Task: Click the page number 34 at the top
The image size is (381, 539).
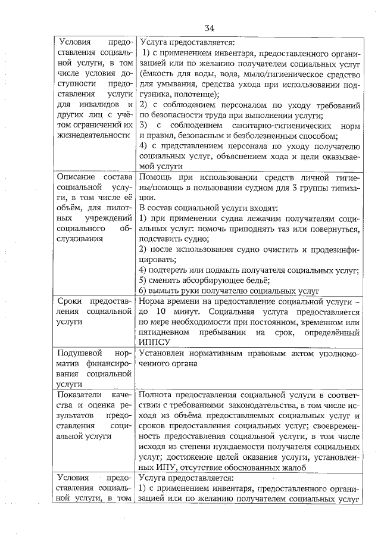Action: (210, 28)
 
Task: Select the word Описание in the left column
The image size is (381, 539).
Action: (76, 177)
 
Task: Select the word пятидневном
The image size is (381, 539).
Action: (165, 332)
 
